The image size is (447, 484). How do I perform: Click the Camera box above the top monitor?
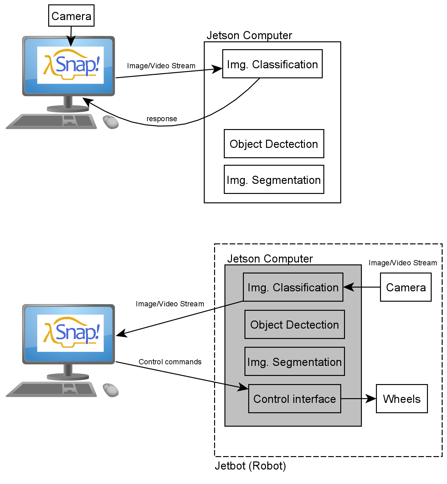(71, 16)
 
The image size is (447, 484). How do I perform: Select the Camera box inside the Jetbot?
(406, 287)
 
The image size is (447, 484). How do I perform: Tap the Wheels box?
(402, 399)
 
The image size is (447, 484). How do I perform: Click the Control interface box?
(295, 399)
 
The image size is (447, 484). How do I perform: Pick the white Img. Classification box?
(272, 64)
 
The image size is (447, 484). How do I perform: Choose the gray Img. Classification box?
(293, 287)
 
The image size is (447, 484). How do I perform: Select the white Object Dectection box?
(274, 144)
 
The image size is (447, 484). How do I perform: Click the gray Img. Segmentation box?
(295, 362)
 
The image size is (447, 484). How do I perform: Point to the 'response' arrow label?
(162, 119)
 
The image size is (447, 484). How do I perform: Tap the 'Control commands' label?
(170, 362)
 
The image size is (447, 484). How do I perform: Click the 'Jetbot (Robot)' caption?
(250, 466)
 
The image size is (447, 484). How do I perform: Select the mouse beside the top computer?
(111, 122)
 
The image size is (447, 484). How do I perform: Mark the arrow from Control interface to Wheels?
(358, 399)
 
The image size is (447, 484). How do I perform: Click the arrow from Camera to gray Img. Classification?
(362, 287)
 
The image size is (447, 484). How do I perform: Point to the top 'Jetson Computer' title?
(249, 35)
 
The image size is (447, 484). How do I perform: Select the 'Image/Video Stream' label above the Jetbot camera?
(403, 263)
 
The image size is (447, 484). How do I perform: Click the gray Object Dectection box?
(295, 325)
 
